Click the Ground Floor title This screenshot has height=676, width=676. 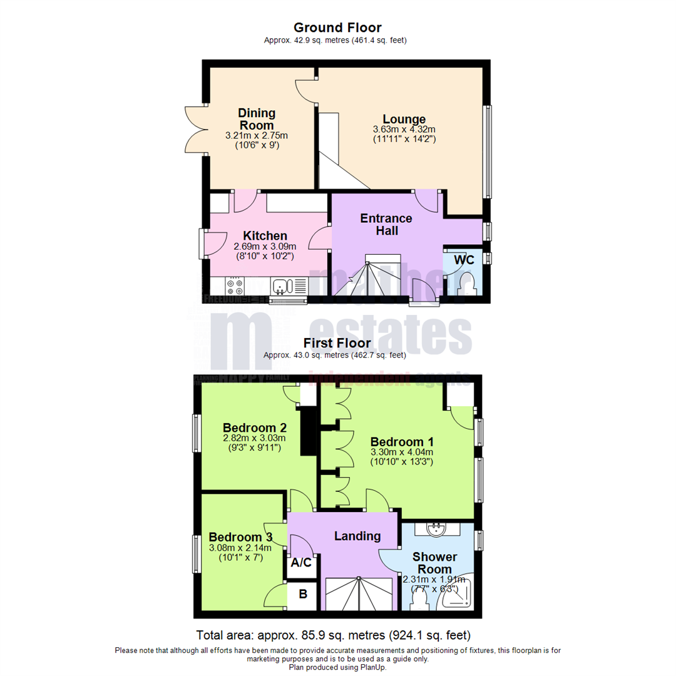pyautogui.click(x=337, y=28)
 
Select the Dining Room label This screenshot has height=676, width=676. pyautogui.click(x=257, y=119)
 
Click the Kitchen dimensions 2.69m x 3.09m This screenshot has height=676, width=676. pyautogui.click(x=265, y=247)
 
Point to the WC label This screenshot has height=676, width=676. pyautogui.click(x=464, y=259)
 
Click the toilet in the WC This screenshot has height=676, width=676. pyautogui.click(x=468, y=285)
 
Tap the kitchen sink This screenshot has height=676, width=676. pyautogui.click(x=281, y=287)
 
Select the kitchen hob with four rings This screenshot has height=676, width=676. pyautogui.click(x=236, y=286)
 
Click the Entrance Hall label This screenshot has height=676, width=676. pyautogui.click(x=386, y=225)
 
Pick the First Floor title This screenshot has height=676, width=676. pyautogui.click(x=337, y=343)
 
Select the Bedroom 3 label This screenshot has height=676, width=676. pyautogui.click(x=240, y=537)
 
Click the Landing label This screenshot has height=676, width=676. pyautogui.click(x=357, y=536)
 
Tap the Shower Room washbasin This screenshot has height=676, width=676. pyautogui.click(x=436, y=530)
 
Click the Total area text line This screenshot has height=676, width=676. pyautogui.click(x=333, y=633)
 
